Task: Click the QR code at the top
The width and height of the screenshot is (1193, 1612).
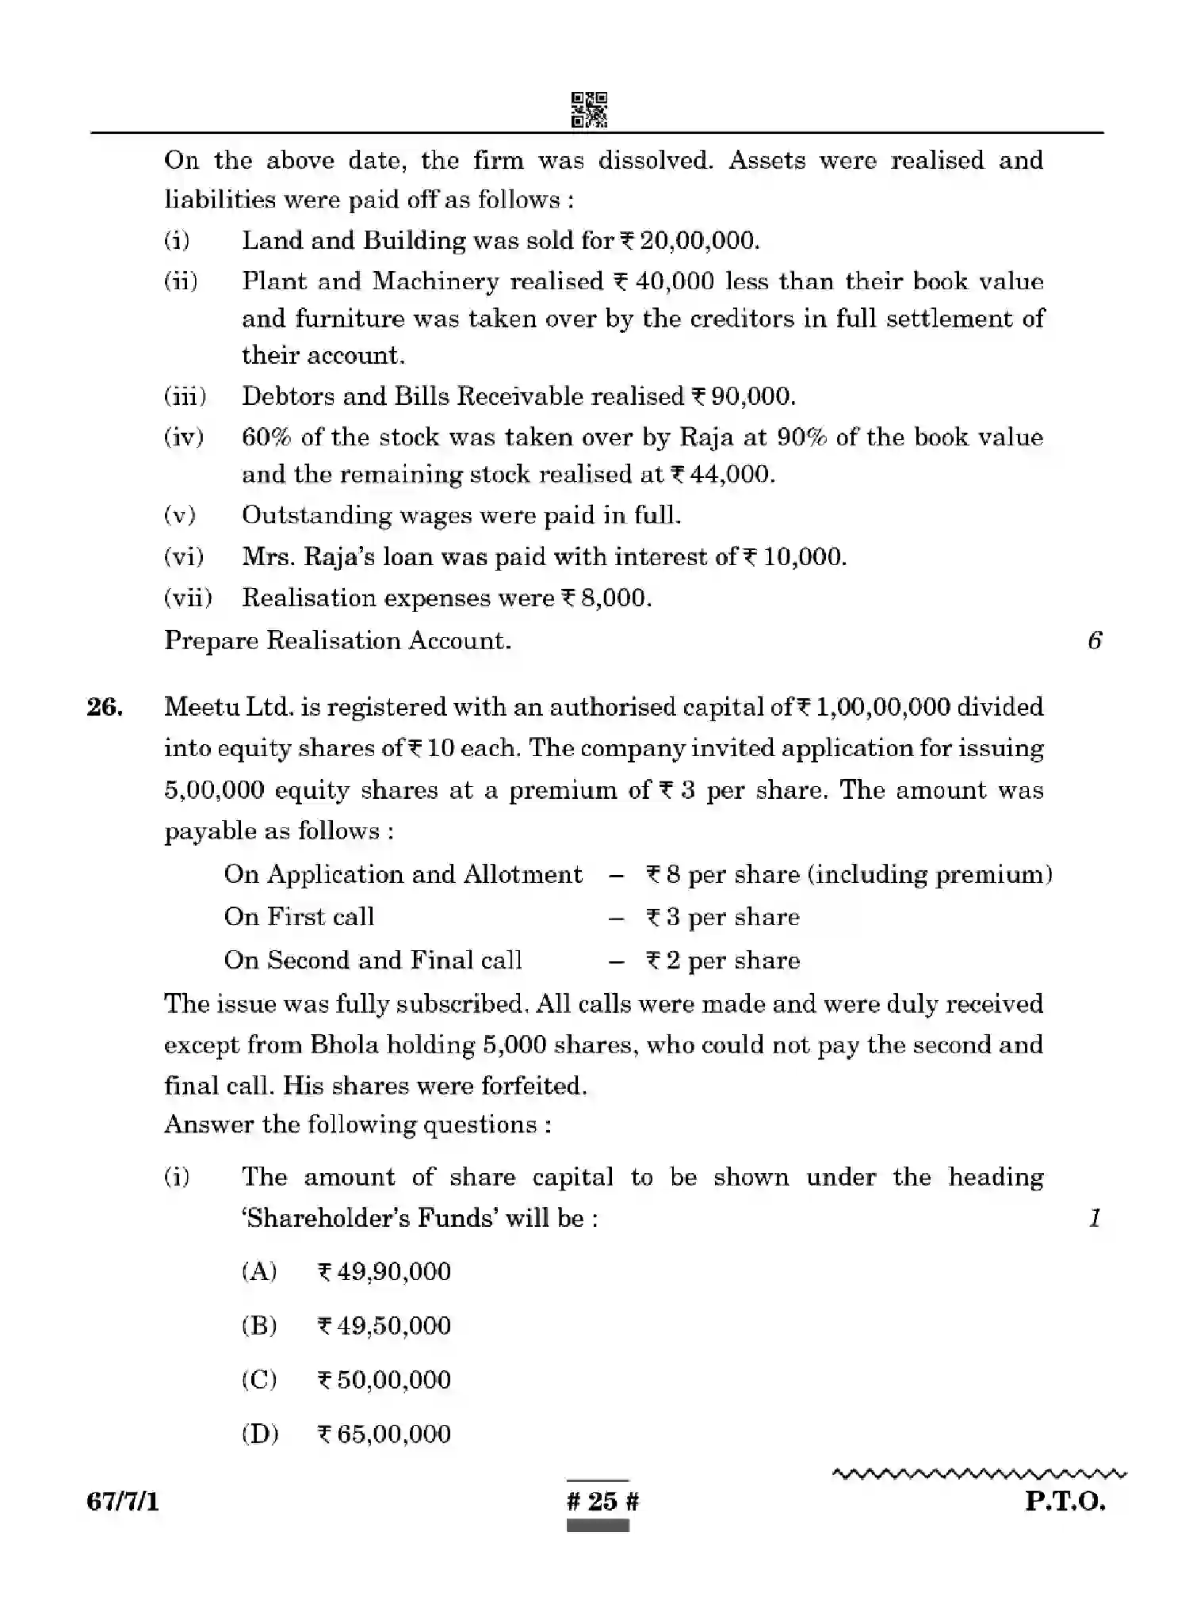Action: point(589,109)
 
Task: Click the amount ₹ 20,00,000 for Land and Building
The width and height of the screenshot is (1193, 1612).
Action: point(689,240)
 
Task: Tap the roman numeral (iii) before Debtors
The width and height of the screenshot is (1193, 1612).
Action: point(185,396)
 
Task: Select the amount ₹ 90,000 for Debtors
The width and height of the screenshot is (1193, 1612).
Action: point(744,396)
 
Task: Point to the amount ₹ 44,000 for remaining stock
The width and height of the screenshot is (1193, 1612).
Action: point(722,475)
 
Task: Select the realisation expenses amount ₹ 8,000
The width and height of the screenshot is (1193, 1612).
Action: point(606,598)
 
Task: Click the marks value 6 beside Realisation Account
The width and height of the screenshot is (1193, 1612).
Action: point(1095,640)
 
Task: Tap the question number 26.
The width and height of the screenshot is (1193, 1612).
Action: point(105,707)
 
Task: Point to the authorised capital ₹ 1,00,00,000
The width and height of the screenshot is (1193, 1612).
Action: point(873,707)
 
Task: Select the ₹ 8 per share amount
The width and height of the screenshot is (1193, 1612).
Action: point(663,874)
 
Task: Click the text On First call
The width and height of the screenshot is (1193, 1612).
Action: point(299,917)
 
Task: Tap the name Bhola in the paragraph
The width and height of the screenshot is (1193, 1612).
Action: point(344,1045)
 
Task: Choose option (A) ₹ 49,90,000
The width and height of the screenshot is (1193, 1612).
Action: point(384,1272)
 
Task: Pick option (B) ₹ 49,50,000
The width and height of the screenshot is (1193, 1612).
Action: point(384,1326)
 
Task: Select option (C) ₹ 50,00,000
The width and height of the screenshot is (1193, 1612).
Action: point(384,1380)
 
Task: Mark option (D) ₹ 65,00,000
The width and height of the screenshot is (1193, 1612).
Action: point(384,1434)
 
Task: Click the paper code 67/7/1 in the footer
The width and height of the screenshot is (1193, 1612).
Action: point(123,1501)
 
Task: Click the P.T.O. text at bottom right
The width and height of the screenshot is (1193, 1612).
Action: point(1065,1501)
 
